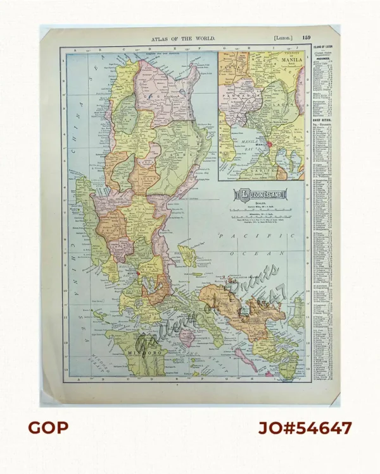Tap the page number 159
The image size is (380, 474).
pyautogui.click(x=307, y=39)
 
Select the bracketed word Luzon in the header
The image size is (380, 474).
pyautogui.click(x=282, y=39)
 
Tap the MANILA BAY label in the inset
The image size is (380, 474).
pyautogui.click(x=246, y=149)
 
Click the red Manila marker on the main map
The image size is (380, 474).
pyautogui.click(x=137, y=273)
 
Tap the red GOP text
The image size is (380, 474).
pyautogui.click(x=47, y=428)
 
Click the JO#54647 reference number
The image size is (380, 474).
pyautogui.click(x=305, y=428)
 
